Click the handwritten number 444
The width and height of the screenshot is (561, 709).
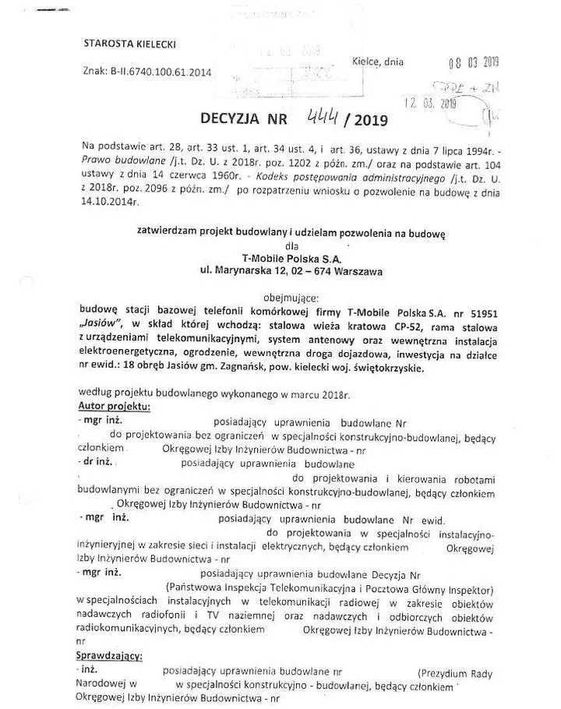click(x=321, y=117)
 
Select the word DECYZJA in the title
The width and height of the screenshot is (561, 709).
click(x=233, y=120)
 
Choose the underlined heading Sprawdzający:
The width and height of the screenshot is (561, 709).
click(x=109, y=656)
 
